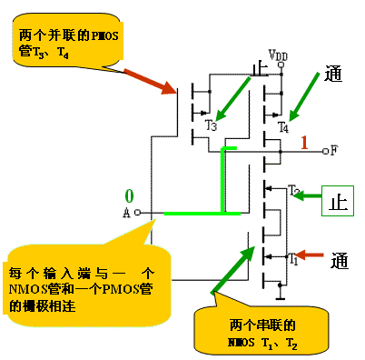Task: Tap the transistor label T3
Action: click(x=212, y=125)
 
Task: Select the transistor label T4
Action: click(x=284, y=125)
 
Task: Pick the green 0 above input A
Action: click(x=129, y=196)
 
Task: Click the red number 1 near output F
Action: click(x=305, y=142)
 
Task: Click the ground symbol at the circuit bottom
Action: click(x=281, y=296)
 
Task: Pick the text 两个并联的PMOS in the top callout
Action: click(x=62, y=35)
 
